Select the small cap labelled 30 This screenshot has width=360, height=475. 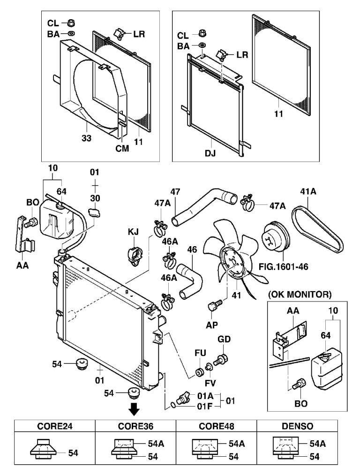click(x=96, y=214)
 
